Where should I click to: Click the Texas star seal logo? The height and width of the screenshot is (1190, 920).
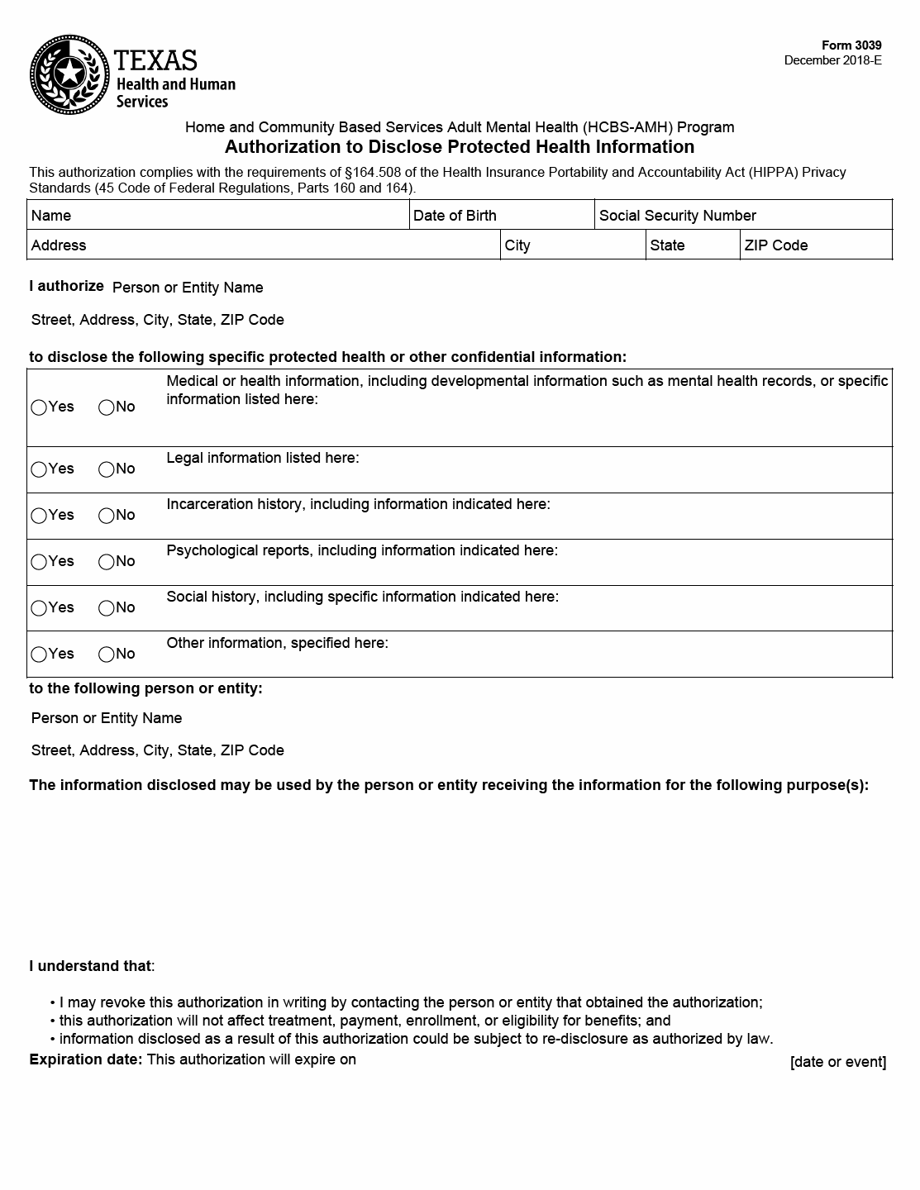(69, 75)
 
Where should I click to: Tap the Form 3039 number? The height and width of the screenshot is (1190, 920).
(851, 45)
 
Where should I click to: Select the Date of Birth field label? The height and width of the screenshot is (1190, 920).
(455, 216)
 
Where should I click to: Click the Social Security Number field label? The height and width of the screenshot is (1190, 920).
(677, 216)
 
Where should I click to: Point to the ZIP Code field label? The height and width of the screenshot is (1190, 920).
(775, 245)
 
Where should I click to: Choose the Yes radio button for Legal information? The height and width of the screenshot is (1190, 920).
(39, 470)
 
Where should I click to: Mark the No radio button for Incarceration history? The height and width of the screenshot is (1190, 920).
(107, 516)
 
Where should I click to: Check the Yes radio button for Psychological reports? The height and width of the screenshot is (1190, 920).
(39, 563)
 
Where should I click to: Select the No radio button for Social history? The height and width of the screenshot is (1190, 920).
(107, 609)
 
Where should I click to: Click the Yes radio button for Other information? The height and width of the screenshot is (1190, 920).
(39, 655)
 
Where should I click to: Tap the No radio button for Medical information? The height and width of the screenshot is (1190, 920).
(107, 408)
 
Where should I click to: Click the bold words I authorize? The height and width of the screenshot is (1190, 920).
(66, 286)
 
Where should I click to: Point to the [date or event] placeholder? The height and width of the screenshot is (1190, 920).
(837, 1062)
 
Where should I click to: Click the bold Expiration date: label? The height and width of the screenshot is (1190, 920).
(86, 1059)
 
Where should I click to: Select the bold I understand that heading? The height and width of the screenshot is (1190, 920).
(90, 966)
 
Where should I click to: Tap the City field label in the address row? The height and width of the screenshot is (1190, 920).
(517, 245)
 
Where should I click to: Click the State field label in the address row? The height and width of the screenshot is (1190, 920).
(667, 245)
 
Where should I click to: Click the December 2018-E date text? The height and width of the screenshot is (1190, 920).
(832, 60)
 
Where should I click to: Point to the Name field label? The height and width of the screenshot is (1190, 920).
(51, 216)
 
